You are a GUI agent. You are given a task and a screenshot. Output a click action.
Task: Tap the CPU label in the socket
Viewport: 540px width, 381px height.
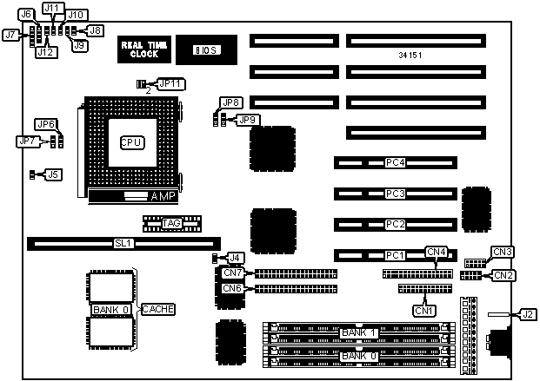(x=132, y=141)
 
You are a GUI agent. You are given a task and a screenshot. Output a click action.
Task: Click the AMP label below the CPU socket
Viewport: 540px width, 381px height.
(x=163, y=197)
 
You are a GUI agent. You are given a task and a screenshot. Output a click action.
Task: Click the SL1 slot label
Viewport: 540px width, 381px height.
(x=123, y=244)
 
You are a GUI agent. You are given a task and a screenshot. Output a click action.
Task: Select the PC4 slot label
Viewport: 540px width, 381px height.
(x=396, y=162)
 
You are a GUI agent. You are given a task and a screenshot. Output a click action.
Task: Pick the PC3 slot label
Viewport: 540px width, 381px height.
(x=396, y=194)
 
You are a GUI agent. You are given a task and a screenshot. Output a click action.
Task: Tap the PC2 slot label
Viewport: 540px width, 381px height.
(x=396, y=225)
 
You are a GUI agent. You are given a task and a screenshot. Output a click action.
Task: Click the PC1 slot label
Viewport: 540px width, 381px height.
(x=396, y=255)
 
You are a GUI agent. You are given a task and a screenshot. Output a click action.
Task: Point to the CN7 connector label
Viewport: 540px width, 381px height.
(x=231, y=273)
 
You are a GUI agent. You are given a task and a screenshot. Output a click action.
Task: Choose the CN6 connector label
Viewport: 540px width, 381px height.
(x=231, y=288)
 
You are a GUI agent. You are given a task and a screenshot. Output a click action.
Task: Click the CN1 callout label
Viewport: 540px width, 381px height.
(x=423, y=310)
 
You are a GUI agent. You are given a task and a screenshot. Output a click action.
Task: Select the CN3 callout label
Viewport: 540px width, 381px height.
(x=503, y=252)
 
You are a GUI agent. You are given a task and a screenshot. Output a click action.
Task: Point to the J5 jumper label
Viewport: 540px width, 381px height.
(x=53, y=174)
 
